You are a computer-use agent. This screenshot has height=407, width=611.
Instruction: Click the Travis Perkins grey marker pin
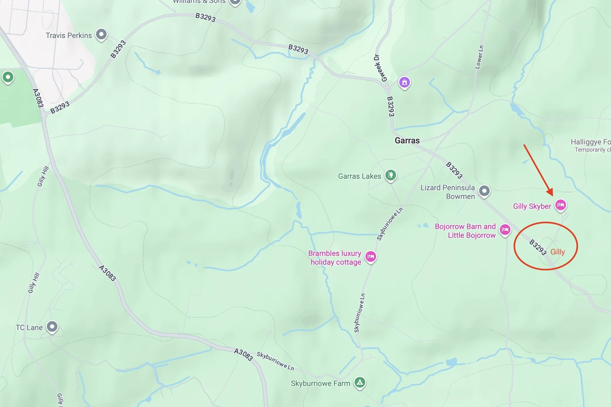coord(101,34)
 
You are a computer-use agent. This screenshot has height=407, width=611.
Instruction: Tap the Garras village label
coord(407,140)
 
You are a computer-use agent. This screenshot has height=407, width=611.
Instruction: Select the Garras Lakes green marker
coord(390,175)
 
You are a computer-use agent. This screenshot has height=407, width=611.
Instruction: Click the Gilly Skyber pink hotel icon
coord(561,205)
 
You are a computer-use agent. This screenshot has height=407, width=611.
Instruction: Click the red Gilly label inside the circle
coord(557,252)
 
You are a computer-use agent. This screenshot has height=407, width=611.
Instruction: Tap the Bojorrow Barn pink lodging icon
coord(505,229)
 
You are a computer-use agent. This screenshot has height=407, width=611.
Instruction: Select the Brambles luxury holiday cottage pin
coord(371,256)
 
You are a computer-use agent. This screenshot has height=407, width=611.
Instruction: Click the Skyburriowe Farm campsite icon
coord(360,383)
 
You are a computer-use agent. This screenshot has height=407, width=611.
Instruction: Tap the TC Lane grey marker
coord(52,326)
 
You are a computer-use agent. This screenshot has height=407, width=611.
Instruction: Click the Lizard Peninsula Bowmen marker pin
coord(484,191)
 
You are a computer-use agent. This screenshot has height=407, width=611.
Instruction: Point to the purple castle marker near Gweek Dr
coord(404,82)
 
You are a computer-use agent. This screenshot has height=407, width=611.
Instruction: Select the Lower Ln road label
coord(479,57)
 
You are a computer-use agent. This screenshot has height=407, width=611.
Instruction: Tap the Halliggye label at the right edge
coord(591,142)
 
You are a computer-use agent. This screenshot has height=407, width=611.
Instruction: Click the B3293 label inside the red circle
coord(537,247)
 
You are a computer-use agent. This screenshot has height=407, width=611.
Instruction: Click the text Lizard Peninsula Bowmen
coord(448,192)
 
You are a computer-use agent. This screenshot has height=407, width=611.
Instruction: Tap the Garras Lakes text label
coord(359,176)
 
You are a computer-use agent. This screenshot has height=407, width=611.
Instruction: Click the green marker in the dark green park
coord(8,77)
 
